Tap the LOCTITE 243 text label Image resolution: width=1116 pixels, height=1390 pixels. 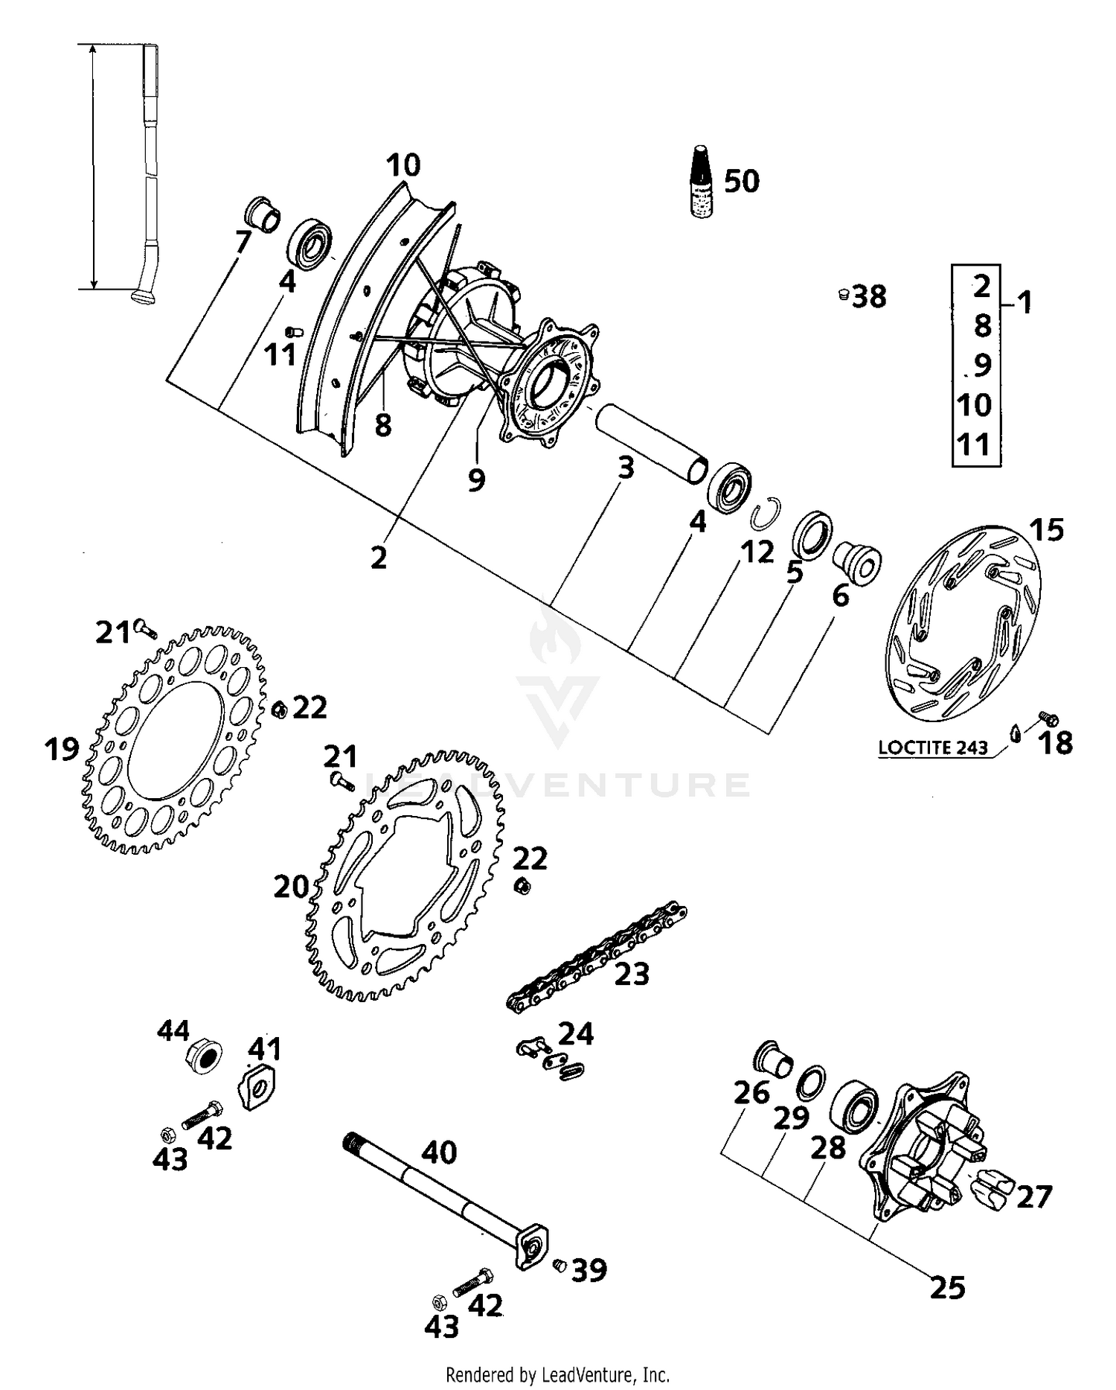933,747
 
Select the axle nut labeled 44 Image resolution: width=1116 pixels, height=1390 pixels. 202,1056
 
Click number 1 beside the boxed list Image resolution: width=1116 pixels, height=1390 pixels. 1024,303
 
